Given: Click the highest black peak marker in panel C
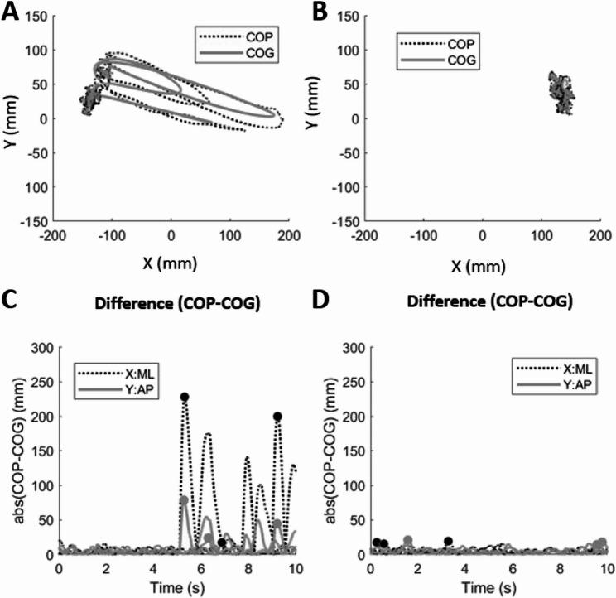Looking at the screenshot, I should click(185, 397).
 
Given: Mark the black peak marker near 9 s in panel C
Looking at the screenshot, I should click(277, 417).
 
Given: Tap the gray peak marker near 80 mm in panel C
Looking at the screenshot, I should click(184, 500).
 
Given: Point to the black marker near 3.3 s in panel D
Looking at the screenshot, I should click(448, 542).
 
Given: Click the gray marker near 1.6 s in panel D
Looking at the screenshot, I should click(407, 541).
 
